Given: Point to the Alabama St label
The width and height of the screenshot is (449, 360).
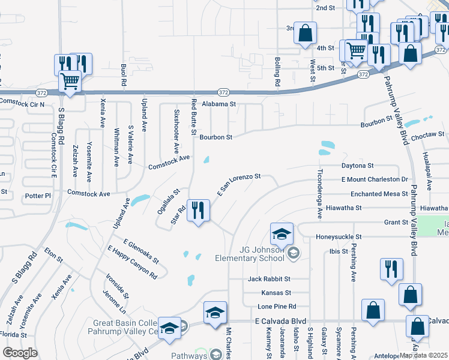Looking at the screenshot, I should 220,104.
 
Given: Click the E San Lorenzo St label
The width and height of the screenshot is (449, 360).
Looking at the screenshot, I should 238,185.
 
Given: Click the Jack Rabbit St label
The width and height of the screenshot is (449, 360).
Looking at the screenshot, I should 269,279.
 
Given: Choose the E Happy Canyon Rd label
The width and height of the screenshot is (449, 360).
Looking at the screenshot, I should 132,262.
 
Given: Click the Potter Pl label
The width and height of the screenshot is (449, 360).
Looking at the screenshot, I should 38,196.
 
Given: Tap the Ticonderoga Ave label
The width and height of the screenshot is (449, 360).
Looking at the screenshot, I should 319,191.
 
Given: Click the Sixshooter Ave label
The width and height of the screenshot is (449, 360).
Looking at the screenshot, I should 176,130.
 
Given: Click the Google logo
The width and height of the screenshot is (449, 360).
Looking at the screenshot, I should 20,353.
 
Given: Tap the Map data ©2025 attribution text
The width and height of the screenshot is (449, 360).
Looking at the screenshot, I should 424,355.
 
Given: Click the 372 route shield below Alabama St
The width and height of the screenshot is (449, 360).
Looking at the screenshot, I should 223,92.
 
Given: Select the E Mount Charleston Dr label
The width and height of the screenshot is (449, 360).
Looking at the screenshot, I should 375,179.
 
